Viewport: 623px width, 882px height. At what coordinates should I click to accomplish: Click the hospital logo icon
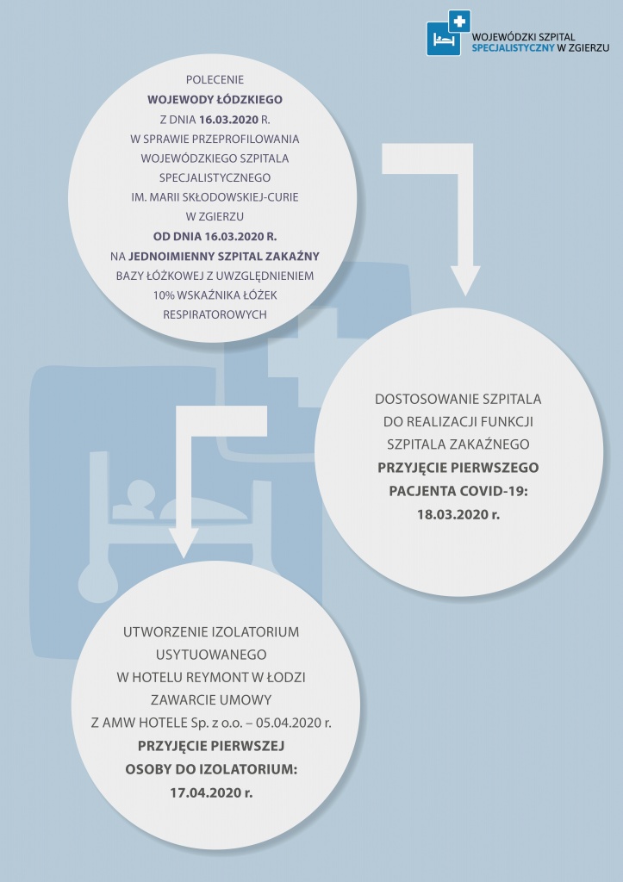448,33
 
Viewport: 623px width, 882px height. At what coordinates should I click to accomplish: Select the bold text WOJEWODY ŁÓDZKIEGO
215,100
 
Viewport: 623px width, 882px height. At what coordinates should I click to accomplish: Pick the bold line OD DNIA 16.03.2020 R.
215,236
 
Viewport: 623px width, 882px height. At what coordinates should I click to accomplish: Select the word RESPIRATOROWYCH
215,314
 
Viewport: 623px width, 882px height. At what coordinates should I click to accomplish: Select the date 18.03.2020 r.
458,514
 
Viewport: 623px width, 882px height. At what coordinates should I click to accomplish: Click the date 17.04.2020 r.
212,793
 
